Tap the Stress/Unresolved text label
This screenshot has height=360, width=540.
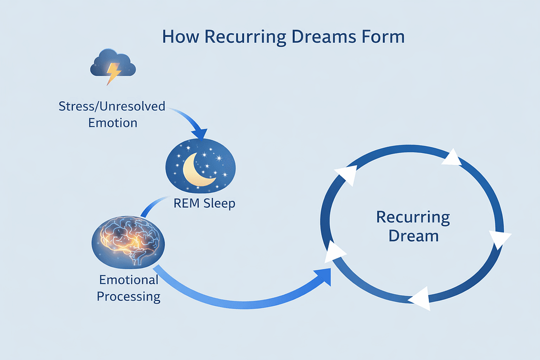click(x=112, y=106)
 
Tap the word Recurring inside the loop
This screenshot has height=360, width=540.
click(x=413, y=217)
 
